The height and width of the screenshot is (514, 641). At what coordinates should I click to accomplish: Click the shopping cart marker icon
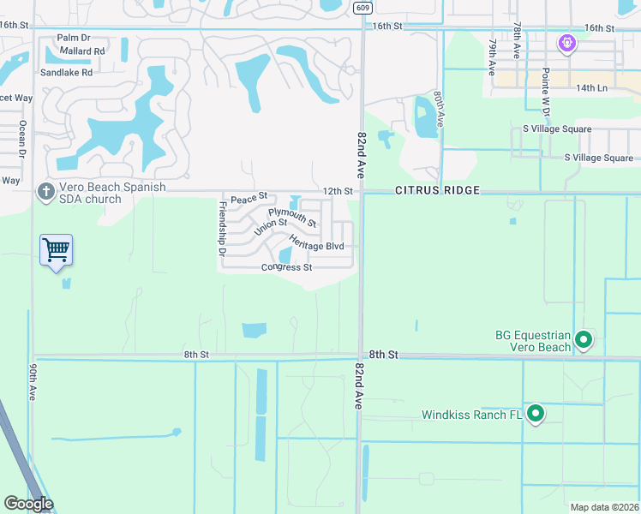pos(56,250)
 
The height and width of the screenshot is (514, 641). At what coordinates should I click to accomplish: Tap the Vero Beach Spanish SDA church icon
pos(45,191)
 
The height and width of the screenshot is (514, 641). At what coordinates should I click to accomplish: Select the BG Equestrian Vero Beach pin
pos(584,340)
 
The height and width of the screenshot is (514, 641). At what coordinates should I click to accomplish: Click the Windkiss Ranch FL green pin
pos(536,415)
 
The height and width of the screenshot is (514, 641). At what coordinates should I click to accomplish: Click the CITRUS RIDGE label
pos(436,189)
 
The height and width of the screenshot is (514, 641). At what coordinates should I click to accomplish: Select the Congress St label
pos(286,267)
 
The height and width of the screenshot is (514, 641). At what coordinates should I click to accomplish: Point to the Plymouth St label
pos(292,217)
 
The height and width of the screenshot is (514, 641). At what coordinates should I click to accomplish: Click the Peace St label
pos(249,196)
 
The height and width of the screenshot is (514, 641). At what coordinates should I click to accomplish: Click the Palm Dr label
pos(73,38)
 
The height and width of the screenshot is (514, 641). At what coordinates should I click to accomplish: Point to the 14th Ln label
pos(591,88)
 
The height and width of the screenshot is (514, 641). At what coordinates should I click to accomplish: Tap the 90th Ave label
pos(33,381)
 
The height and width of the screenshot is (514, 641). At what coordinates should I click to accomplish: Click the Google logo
pos(28,503)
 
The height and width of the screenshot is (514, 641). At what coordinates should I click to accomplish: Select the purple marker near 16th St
pos(566,42)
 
